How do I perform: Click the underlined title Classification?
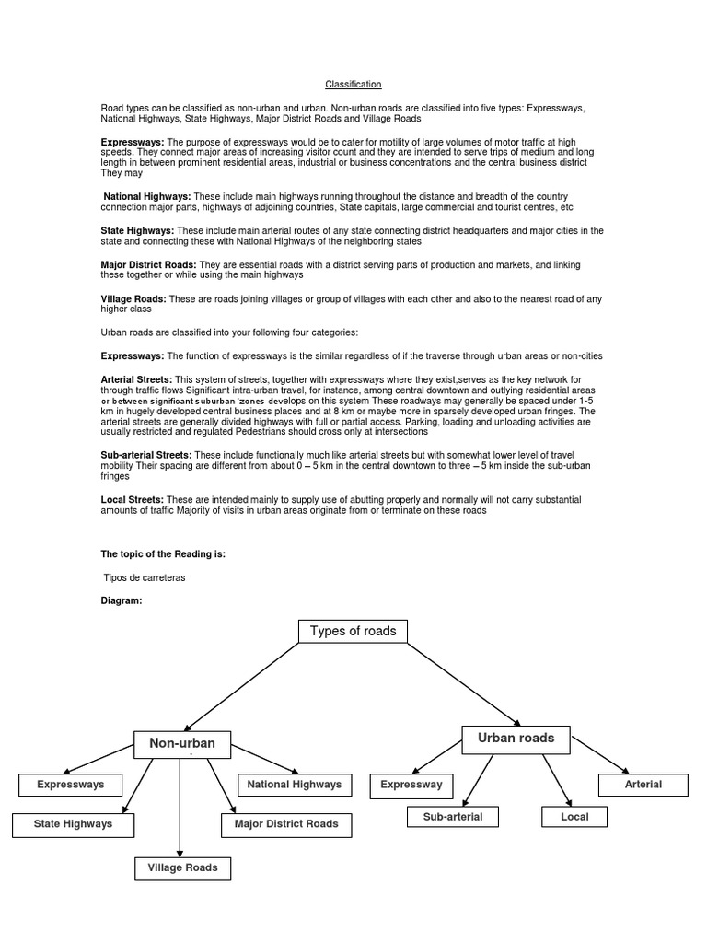click(353, 85)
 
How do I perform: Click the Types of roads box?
click(353, 631)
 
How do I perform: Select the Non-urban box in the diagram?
click(181, 744)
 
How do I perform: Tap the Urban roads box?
click(516, 738)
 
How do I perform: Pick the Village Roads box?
click(182, 867)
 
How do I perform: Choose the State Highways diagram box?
click(73, 824)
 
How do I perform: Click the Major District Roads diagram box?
click(286, 824)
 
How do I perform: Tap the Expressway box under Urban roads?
click(411, 786)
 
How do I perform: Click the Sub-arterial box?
click(452, 816)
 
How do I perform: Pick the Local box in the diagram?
click(574, 816)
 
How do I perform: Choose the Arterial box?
click(643, 785)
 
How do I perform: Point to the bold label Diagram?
click(122, 600)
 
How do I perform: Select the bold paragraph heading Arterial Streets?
click(136, 379)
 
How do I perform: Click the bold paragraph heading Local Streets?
click(133, 499)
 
